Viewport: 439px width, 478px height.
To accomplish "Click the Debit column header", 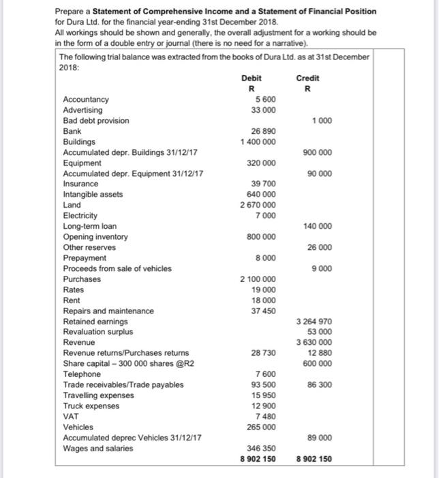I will pyautogui.click(x=251, y=79).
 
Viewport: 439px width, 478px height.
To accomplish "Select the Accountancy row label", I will pyautogui.click(x=85, y=100).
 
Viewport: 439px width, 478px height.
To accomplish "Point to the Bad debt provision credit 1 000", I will pyautogui.click(x=322, y=121).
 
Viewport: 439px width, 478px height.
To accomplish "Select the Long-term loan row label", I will pyautogui.click(x=89, y=226).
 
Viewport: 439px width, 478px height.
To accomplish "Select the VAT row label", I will pyautogui.click(x=70, y=417).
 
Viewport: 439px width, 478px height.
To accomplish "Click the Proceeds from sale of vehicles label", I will pyautogui.click(x=117, y=268).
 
